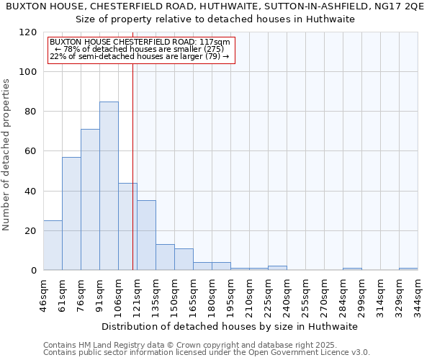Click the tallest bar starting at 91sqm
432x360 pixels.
[109, 186]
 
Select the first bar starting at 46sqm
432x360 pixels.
[53, 245]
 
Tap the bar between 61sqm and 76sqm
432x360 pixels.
[71, 213]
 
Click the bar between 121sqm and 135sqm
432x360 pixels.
[146, 235]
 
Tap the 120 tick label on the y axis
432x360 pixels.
[28, 32]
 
